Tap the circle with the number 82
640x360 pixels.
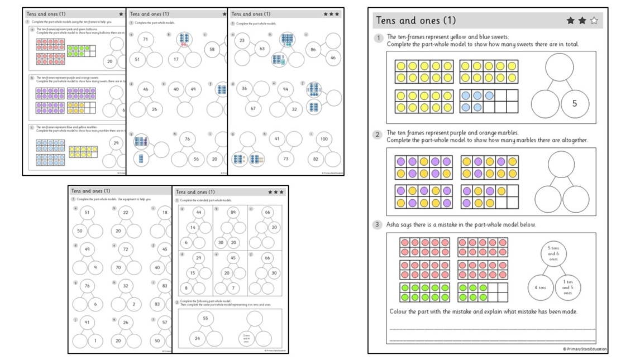click(317, 159)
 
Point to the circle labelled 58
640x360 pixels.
click(212, 49)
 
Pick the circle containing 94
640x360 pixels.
click(285, 89)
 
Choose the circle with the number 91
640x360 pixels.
click(87, 322)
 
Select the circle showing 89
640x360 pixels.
click(232, 212)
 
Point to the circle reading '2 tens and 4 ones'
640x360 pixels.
click(246, 338)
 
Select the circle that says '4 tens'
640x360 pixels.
click(539, 287)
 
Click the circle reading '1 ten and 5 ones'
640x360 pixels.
click(568, 287)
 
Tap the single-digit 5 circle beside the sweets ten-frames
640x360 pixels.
click(574, 103)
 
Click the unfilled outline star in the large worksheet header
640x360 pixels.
click(593, 21)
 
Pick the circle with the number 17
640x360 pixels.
click(176, 59)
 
